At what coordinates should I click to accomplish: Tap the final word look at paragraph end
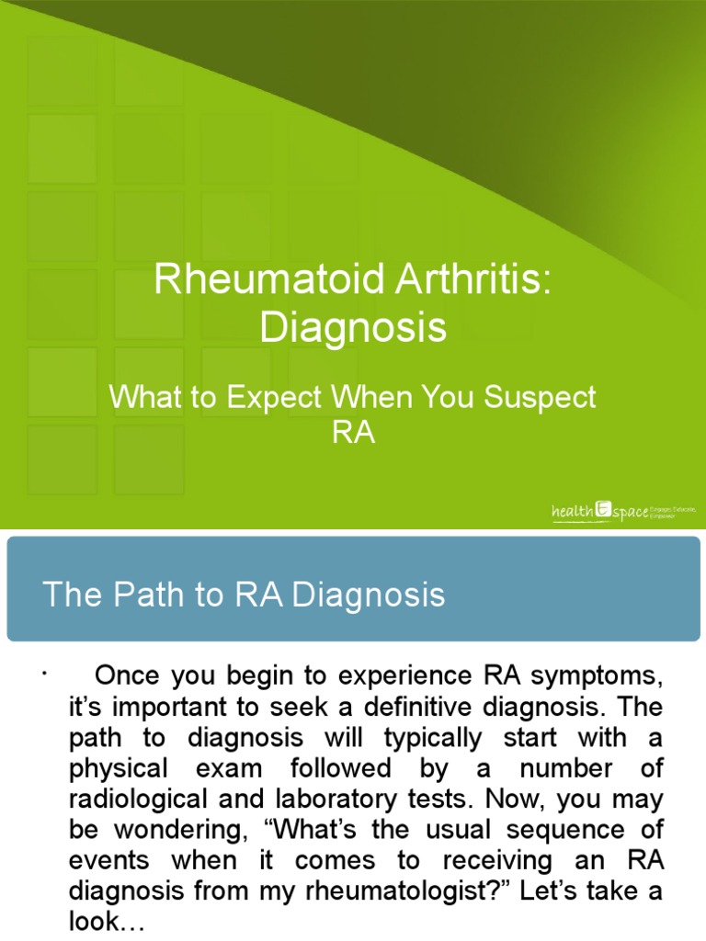tap(107, 921)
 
